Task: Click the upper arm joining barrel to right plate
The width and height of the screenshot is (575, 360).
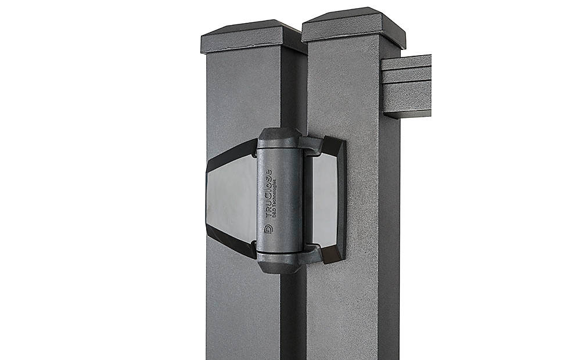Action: click(x=314, y=145)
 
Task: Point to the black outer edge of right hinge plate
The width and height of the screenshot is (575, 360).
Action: click(x=341, y=197)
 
